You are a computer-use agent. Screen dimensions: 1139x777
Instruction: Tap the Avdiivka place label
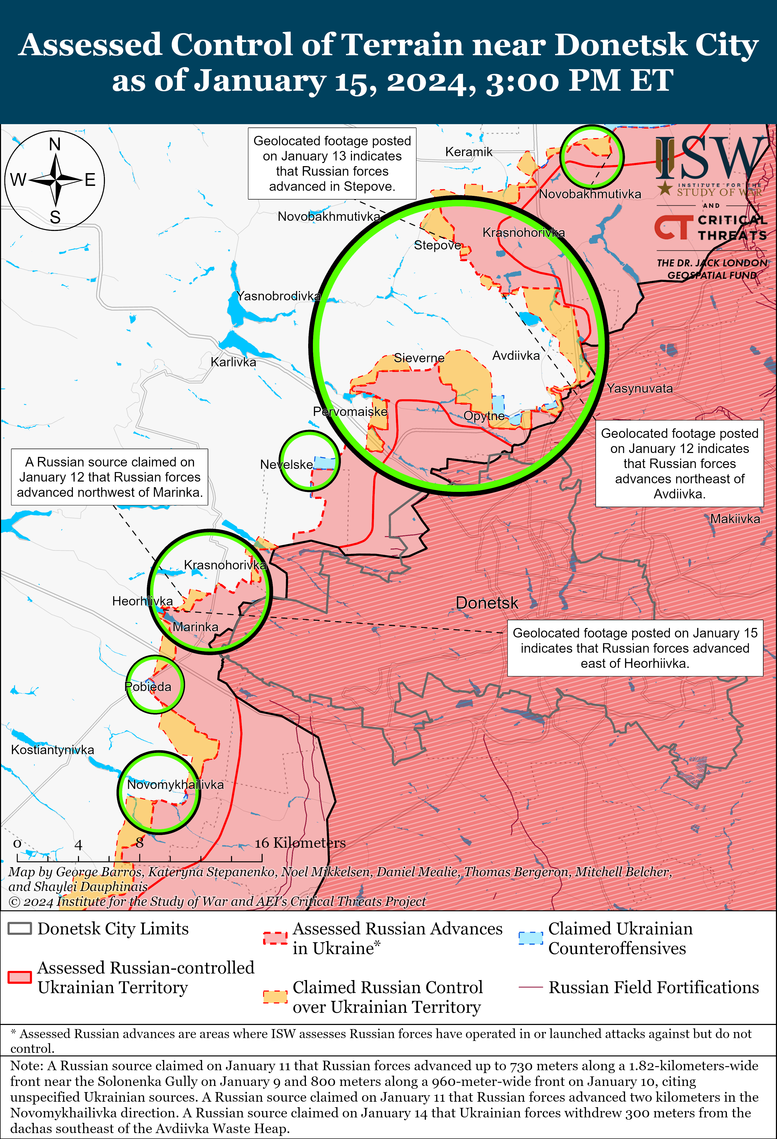pyautogui.click(x=516, y=356)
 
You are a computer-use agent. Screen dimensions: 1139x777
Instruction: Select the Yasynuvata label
pyautogui.click(x=640, y=389)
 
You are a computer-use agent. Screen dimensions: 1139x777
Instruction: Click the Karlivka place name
pyautogui.click(x=233, y=362)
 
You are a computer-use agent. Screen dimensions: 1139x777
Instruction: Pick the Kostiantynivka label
pyautogui.click(x=52, y=750)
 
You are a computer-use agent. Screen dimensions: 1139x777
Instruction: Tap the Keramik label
pyautogui.click(x=468, y=152)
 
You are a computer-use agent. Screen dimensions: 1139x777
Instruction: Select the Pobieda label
pyautogui.click(x=148, y=687)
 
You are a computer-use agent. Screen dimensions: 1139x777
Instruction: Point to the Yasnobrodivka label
pyautogui.click(x=278, y=296)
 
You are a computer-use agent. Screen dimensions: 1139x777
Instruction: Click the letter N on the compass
pyautogui.click(x=55, y=145)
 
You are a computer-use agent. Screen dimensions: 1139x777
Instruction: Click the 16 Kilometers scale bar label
pyautogui.click(x=300, y=843)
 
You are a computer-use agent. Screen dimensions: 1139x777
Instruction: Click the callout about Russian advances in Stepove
pyautogui.click(x=332, y=164)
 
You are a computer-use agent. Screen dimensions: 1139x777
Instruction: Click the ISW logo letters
pyautogui.click(x=710, y=158)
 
